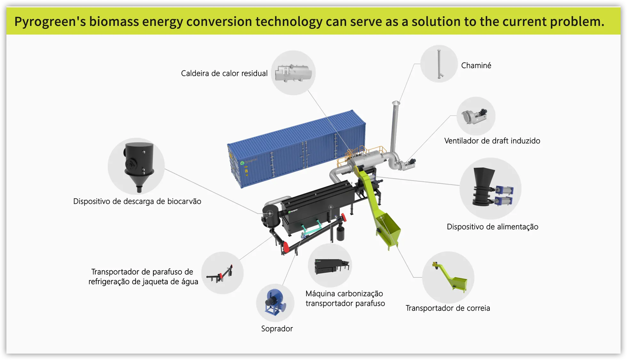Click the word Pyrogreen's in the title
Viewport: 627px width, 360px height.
pos(50,21)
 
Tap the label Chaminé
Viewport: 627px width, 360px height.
pos(476,65)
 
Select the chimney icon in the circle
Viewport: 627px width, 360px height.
pos(439,64)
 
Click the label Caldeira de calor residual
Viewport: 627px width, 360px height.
pos(224,73)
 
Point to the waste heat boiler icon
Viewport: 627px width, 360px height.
pos(293,73)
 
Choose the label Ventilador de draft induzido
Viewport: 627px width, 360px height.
pos(492,141)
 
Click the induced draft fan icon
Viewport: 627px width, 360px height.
pos(474,116)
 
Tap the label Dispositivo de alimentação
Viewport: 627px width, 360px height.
pos(492,227)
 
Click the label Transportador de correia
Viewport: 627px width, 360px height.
pos(448,308)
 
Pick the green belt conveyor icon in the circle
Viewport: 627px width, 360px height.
pos(450,277)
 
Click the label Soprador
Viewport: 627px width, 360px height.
pos(277,329)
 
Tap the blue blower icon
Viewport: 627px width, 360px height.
pos(275,302)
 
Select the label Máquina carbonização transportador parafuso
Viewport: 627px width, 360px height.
pos(345,298)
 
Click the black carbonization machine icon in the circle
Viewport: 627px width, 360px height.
pos(331,266)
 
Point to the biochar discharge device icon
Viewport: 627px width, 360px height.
pos(139,166)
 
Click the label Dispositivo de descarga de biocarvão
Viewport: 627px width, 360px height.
pos(137,201)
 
